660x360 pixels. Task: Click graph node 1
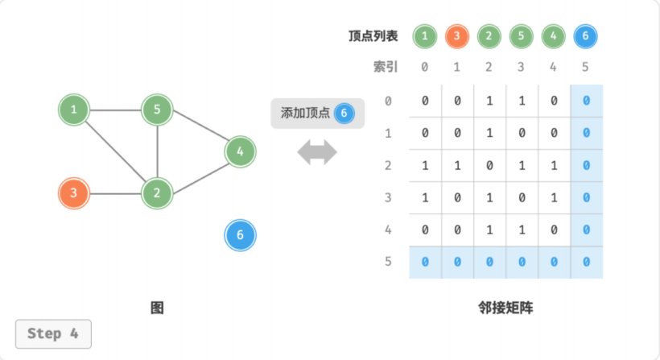[74, 110]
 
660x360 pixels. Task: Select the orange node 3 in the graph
[74, 193]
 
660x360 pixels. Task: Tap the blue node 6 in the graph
[240, 235]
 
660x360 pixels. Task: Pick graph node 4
[240, 151]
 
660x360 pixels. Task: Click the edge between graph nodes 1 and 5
[115, 110]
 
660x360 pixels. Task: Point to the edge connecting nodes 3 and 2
[115, 193]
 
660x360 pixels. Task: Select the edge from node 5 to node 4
[200, 125]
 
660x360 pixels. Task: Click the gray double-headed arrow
[317, 152]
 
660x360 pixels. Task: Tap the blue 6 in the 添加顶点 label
[344, 114]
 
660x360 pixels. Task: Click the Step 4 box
[53, 334]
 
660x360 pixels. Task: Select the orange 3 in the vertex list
[456, 36]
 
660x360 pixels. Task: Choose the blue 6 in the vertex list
[585, 36]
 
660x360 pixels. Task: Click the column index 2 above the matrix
[489, 67]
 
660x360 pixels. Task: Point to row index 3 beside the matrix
[388, 197]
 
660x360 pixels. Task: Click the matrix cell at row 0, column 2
[489, 101]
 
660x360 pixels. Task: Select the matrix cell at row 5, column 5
[586, 262]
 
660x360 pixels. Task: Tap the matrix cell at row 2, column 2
[489, 165]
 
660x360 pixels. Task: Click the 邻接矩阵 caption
[505, 308]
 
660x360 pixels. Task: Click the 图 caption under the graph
[157, 308]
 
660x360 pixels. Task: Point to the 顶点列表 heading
[373, 36]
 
